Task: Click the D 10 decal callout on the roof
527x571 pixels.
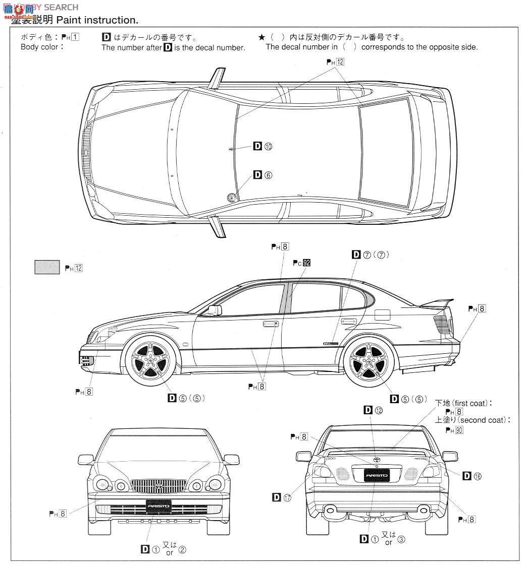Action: click(262, 146)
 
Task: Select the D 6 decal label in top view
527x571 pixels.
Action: click(262, 175)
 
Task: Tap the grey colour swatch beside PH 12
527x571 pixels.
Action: click(47, 267)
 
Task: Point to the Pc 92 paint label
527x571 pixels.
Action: click(301, 263)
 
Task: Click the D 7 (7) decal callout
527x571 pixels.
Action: click(371, 255)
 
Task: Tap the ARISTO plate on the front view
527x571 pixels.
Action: click(159, 505)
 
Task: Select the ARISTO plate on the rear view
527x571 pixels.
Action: click(377, 475)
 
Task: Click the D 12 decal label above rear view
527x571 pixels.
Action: click(374, 410)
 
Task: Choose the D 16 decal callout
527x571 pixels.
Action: click(472, 476)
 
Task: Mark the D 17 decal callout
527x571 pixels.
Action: click(282, 497)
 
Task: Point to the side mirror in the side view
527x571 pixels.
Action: click(214, 310)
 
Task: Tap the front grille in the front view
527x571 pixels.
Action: click(159, 486)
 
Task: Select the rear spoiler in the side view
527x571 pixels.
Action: click(437, 302)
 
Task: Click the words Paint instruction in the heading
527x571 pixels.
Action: click(97, 20)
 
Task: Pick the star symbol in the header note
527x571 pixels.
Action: click(261, 38)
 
